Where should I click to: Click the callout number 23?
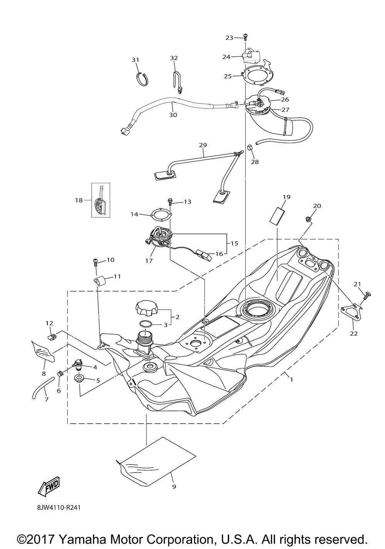tap(229, 38)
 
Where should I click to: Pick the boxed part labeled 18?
tap(100, 200)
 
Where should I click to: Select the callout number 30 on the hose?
tap(173, 115)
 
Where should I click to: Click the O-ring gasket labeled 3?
tap(146, 324)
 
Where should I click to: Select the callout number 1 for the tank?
tap(291, 380)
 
